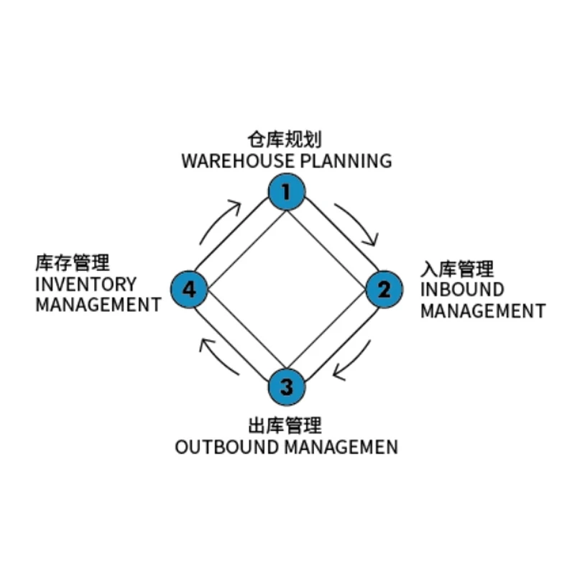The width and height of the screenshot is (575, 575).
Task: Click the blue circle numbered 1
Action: pos(287,192)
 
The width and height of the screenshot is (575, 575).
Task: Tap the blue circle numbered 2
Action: pos(385,290)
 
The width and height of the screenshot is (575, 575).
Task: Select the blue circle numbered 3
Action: pos(287,387)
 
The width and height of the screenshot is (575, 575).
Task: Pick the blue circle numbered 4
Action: pos(189,290)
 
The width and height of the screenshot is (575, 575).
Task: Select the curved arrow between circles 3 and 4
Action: pos(218,357)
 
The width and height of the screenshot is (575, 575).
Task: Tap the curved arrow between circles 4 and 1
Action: pos(220,220)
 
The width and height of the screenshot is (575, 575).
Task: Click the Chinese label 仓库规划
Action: pos(285,139)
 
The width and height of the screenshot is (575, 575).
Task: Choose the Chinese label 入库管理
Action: pos(457,270)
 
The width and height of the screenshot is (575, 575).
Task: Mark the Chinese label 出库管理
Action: pos(285,425)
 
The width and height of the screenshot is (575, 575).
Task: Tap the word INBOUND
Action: pos(462,290)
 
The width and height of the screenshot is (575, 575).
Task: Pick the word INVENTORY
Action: pos(86,283)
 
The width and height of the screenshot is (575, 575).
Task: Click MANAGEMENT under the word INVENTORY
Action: pos(98,304)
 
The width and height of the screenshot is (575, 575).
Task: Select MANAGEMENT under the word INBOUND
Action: pos(483,311)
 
